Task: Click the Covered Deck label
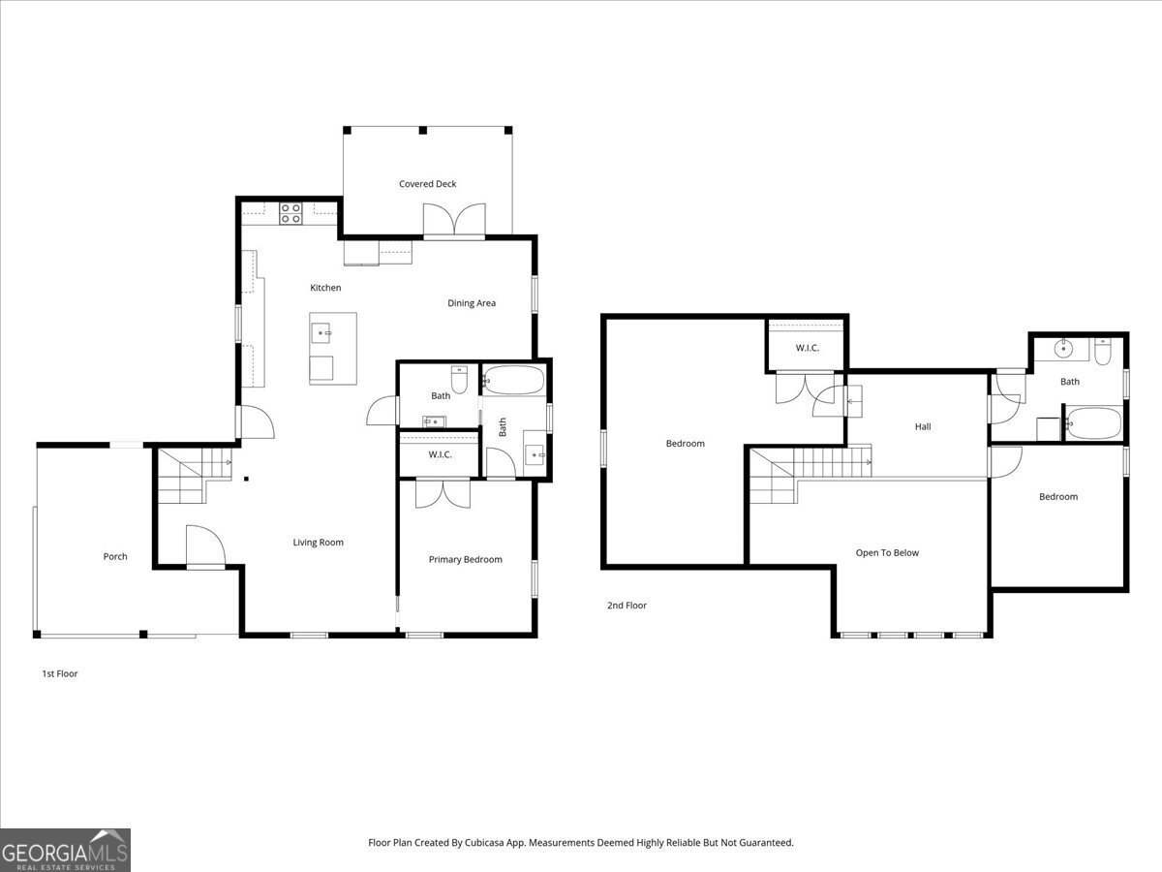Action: coord(427,184)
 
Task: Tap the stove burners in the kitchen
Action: coord(290,213)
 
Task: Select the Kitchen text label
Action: coord(325,288)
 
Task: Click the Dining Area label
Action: coord(472,303)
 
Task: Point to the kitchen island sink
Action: coord(323,333)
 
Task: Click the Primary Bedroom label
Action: coord(466,559)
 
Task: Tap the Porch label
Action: coord(115,556)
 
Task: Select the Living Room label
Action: coord(319,543)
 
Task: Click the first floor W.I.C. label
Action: coord(440,454)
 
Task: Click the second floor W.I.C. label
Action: coord(808,348)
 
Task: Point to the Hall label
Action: coord(923,426)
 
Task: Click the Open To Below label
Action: coord(887,553)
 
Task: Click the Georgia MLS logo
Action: coord(65,850)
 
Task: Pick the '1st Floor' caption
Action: coord(59,673)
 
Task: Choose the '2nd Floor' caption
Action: coord(627,606)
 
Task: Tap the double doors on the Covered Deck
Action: coord(454,220)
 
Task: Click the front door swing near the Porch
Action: coord(205,545)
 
